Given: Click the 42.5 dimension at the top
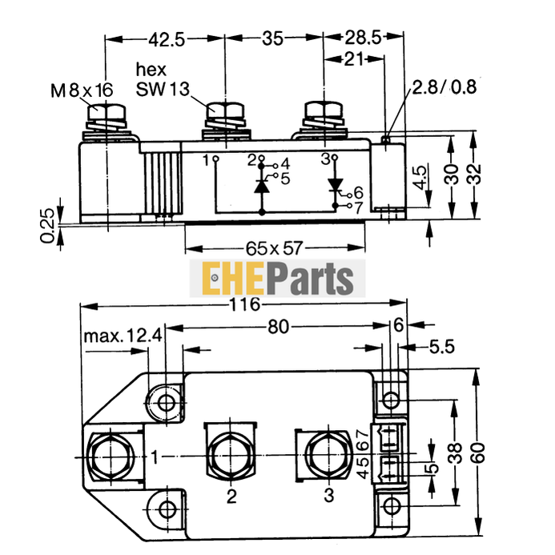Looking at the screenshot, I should point(165,38).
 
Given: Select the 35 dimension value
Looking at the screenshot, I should point(273,38).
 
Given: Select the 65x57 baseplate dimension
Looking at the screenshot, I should point(274,248).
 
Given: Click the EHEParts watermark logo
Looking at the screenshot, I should point(276,279).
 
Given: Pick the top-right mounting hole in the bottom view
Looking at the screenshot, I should point(390,400).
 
